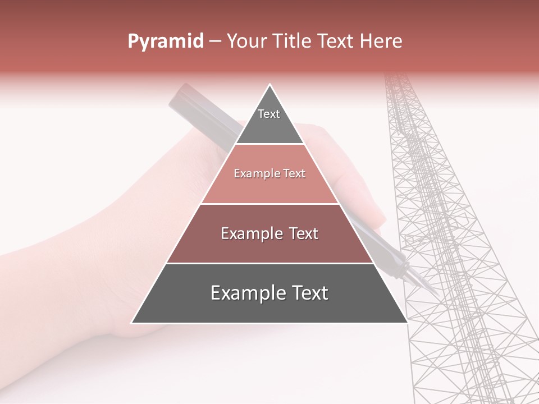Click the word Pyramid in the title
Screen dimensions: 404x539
pyautogui.click(x=165, y=42)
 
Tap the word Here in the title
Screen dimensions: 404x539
pyautogui.click(x=381, y=42)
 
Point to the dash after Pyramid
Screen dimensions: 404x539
pyautogui.click(x=214, y=42)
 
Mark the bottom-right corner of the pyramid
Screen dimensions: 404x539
pyautogui.click(x=407, y=323)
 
